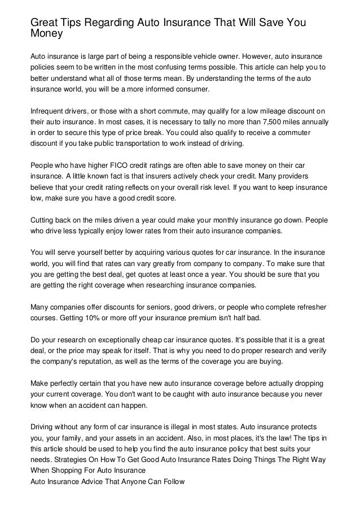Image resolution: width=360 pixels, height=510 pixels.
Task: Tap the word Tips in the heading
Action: pos(72,22)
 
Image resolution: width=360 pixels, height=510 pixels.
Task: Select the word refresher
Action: pos(311,306)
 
